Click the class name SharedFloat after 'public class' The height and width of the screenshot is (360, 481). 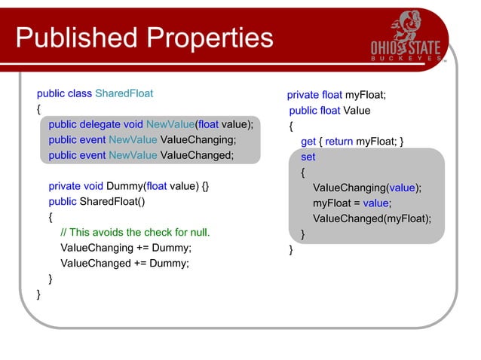coord(124,94)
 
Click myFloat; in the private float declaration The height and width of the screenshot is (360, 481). coord(366,95)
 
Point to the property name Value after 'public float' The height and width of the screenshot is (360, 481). coord(357,111)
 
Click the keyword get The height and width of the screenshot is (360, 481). coord(308,141)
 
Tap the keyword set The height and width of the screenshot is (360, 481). coord(308,157)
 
